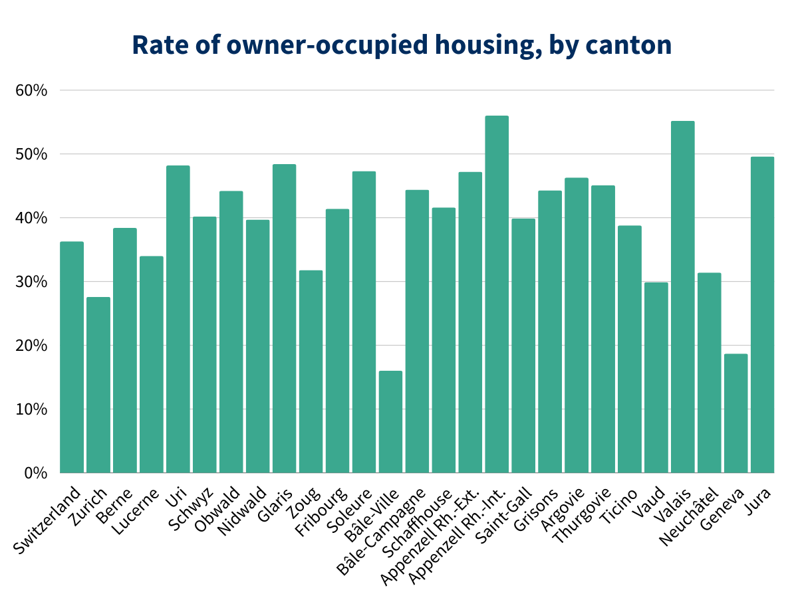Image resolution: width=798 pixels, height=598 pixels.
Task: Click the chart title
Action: pyautogui.click(x=402, y=45)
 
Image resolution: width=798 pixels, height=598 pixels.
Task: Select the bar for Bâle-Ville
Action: pyautogui.click(x=390, y=422)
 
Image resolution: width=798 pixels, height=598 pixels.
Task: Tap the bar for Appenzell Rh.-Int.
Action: pyautogui.click(x=497, y=294)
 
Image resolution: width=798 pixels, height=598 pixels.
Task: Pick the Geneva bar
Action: pyautogui.click(x=735, y=413)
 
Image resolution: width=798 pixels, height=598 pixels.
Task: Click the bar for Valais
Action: pyautogui.click(x=682, y=297)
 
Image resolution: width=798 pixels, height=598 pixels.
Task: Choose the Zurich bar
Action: pyautogui.click(x=98, y=385)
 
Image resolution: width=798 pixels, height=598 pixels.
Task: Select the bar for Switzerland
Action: pyautogui.click(x=72, y=357)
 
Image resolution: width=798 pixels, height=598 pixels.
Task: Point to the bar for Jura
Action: pyautogui.click(x=762, y=315)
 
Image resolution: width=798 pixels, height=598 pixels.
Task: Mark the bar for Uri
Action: pyautogui.click(x=178, y=319)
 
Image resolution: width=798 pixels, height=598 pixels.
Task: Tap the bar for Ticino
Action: pyautogui.click(x=629, y=349)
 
